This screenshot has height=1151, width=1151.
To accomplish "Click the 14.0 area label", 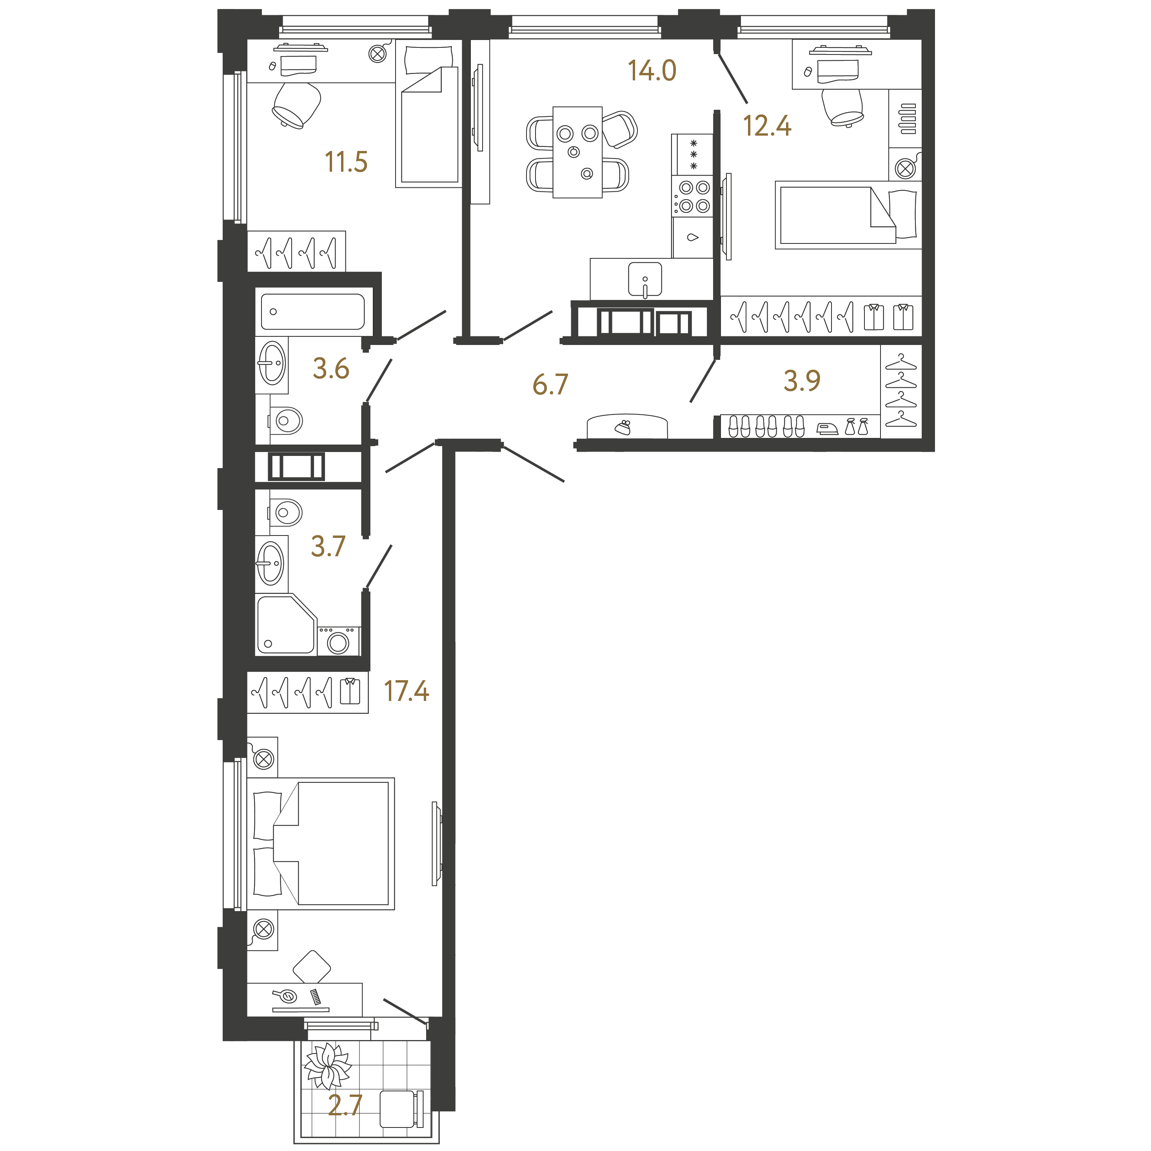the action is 652,70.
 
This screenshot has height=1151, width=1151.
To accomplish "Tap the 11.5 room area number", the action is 346,162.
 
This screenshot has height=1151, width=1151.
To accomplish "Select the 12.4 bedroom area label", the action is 767,126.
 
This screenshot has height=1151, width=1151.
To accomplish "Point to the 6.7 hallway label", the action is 550,384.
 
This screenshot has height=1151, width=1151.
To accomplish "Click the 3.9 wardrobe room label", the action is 802,381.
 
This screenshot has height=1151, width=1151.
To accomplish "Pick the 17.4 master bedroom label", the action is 406,691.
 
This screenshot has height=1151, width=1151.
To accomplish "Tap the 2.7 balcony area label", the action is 345,1105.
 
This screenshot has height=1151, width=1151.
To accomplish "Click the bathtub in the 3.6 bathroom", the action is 313,312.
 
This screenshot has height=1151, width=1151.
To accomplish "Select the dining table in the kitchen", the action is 577,152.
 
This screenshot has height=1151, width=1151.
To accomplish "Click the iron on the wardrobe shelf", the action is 827,429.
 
